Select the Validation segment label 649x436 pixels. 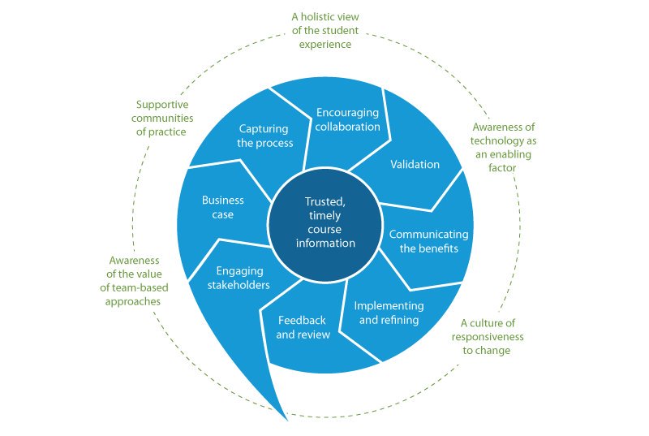[x=415, y=165]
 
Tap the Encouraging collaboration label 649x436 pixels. [x=348, y=120]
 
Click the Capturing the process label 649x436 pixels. [x=265, y=136]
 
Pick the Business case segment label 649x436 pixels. [x=217, y=207]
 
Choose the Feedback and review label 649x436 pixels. [x=303, y=327]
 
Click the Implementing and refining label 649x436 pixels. [x=389, y=313]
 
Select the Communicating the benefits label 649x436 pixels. [x=428, y=241]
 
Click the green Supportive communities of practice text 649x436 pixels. [x=161, y=118]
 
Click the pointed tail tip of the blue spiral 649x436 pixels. [x=287, y=419]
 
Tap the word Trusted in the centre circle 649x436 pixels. [x=324, y=201]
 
